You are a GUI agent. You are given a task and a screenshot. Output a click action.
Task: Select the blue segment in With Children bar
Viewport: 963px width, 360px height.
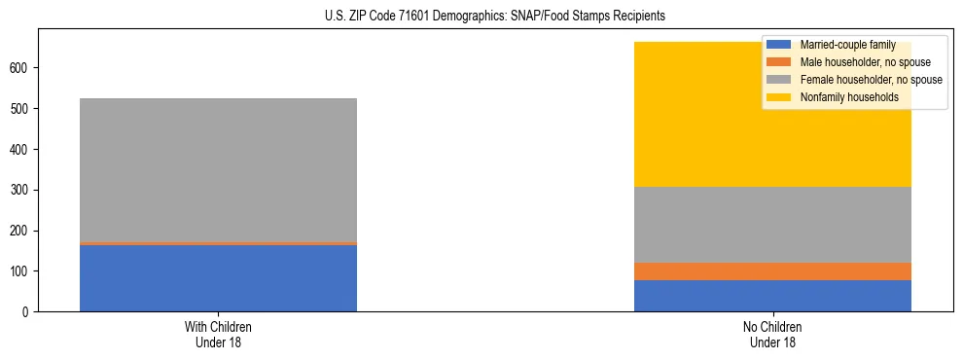click(x=218, y=278)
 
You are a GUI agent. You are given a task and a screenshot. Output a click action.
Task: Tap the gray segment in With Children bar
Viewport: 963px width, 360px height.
click(x=218, y=170)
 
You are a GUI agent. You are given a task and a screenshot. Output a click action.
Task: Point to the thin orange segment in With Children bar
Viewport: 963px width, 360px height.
click(x=218, y=243)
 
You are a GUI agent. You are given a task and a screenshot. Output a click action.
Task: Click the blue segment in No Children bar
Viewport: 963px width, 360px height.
click(x=772, y=296)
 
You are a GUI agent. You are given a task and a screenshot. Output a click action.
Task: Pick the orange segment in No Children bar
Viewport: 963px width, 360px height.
click(x=772, y=271)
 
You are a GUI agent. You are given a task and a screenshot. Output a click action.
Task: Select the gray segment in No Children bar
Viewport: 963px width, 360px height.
click(x=772, y=225)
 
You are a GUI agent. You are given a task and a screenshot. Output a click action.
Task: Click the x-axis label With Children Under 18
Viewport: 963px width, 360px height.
click(x=218, y=334)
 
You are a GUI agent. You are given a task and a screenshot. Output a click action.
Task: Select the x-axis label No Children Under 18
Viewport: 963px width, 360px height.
click(x=772, y=334)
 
